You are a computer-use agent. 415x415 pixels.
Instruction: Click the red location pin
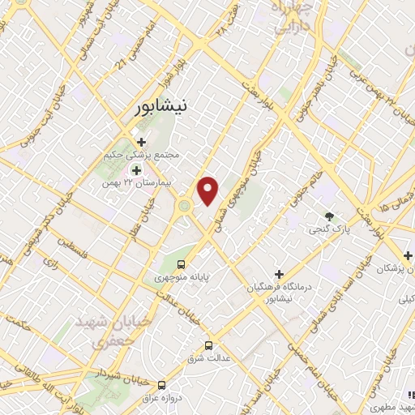(x=209, y=190)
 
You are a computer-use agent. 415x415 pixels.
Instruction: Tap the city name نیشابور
(x=165, y=105)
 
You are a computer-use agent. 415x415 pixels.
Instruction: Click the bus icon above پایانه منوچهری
(x=182, y=264)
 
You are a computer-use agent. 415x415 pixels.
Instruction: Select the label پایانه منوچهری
(x=184, y=277)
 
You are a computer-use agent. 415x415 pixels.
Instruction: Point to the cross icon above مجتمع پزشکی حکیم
(x=141, y=142)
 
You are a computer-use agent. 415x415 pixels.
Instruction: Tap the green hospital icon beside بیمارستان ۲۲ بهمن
(x=136, y=171)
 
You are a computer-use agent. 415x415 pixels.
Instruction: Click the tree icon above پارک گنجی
(x=329, y=216)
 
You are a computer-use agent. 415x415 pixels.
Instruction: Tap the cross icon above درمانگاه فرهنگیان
(x=280, y=275)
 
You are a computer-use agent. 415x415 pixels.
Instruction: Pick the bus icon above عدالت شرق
(x=208, y=344)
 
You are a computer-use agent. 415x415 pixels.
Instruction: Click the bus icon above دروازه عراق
(x=162, y=385)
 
